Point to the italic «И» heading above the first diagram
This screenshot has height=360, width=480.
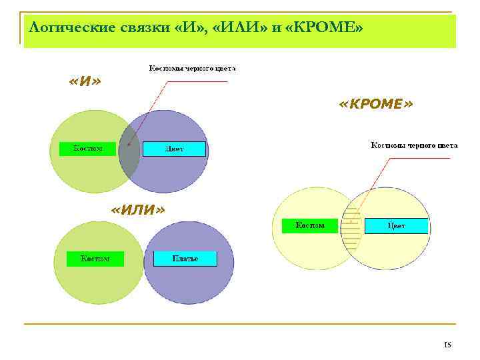pyautogui.click(x=85, y=81)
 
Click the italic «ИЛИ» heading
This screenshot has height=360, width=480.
pyautogui.click(x=137, y=210)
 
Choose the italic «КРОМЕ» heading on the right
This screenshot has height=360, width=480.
pyautogui.click(x=375, y=105)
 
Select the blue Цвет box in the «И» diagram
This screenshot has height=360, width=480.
pyautogui.click(x=175, y=149)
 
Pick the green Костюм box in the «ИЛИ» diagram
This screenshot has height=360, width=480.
pyautogui.click(x=95, y=258)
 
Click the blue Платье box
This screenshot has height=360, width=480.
pyautogui.click(x=185, y=258)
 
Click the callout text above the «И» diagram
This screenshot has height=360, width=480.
pyautogui.click(x=191, y=68)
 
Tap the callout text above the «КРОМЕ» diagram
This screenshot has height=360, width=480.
pyautogui.click(x=413, y=144)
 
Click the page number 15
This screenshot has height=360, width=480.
pyautogui.click(x=447, y=345)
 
